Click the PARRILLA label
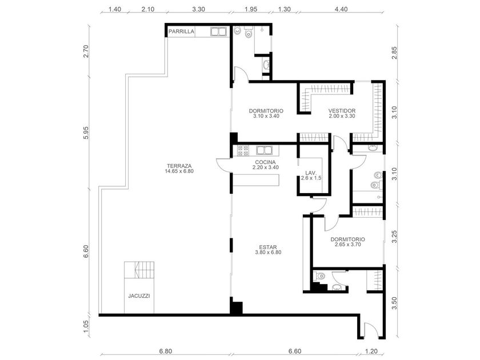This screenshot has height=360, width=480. pos(181,31)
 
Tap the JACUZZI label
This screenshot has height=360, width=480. pos(139,296)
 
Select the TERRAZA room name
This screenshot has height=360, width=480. pos(179,166)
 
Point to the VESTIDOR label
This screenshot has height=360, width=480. pos(342,111)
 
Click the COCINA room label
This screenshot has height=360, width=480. pos(265,162)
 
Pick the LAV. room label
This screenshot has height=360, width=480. pos(310,173)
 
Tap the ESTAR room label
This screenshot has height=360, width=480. pos(268,247)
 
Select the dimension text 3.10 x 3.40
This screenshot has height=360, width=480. pos(266,117)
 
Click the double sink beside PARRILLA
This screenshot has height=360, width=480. pos(218,31)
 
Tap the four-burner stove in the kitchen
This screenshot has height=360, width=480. pos(243,151)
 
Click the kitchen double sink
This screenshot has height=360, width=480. pos(265,150)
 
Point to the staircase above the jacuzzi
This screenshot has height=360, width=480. pos(139,270)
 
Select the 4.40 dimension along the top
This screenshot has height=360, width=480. pos(341,9)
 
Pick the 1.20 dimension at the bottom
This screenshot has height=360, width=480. pos(371,351)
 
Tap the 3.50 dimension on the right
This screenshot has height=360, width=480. pos(394,303)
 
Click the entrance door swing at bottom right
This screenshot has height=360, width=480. pos(371,330)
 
